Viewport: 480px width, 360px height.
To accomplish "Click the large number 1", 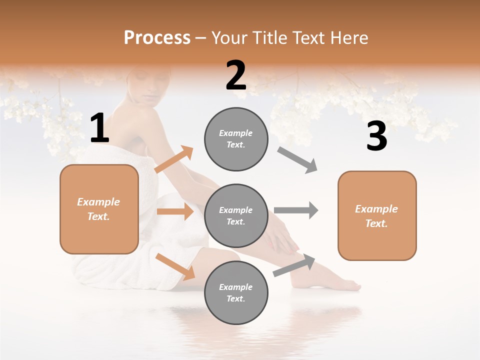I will pos(99,128).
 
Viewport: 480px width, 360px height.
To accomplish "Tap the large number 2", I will pos(236,76).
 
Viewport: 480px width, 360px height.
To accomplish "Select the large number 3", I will pos(376,137).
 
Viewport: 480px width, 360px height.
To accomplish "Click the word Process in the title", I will pos(157,37).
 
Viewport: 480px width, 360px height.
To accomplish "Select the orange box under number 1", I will pos(99,209).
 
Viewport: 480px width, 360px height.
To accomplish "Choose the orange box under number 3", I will pos(377,215).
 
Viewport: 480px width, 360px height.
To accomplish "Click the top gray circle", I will pos(236,139).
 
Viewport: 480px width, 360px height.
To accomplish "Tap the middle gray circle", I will pos(236,215).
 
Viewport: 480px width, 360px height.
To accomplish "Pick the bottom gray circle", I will pos(236,292).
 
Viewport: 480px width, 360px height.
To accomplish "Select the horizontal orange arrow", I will pos(175,211).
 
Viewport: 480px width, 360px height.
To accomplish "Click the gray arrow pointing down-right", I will pos(297,160).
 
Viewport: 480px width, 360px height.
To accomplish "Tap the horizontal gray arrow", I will pos(296,210).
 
